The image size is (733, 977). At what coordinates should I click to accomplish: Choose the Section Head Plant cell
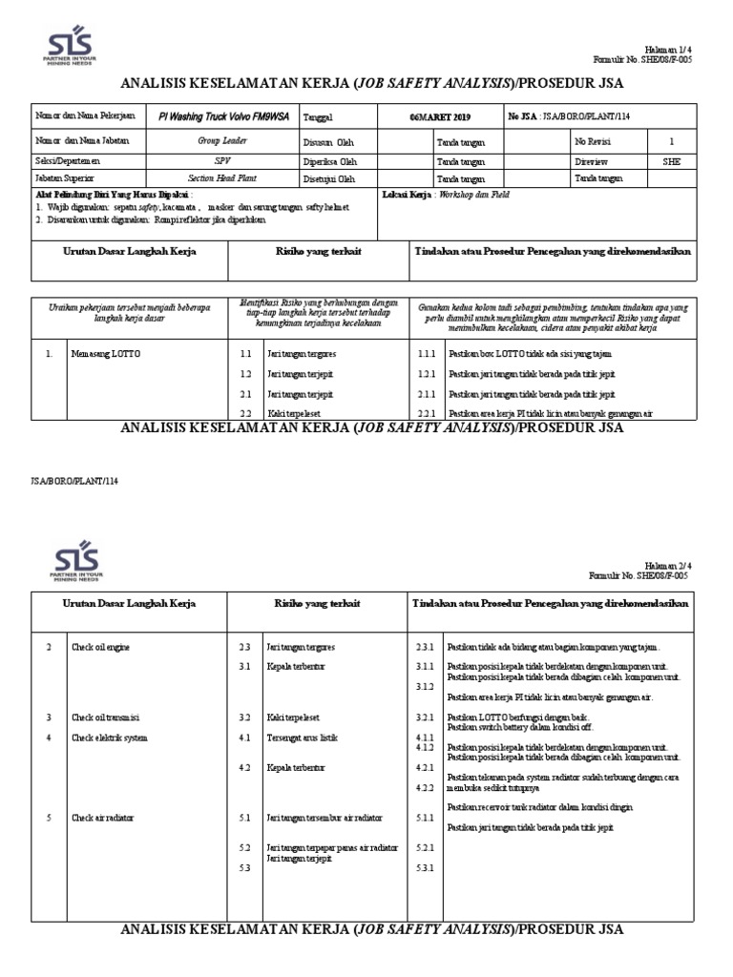pos(221,178)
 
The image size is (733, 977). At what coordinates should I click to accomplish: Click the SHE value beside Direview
pos(672,161)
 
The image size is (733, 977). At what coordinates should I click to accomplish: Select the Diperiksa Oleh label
pos(327,161)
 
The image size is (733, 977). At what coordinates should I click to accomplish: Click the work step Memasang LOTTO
pos(105,354)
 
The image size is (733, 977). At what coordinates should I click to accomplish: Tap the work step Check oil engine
pos(100,647)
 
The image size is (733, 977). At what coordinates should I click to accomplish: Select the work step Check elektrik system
pos(109,738)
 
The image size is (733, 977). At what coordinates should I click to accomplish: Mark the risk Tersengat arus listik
pos(302,738)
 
